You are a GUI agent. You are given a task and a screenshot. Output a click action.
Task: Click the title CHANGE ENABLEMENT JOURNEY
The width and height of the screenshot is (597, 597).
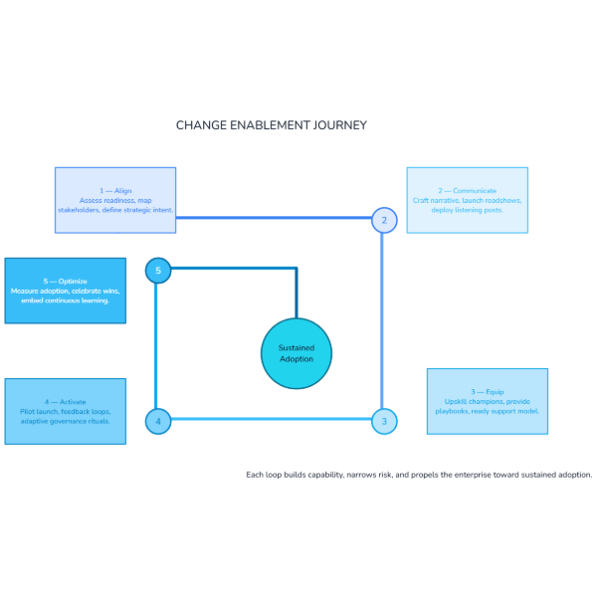[272, 125]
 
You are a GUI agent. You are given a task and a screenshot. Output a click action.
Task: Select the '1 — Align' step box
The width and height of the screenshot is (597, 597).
[115, 200]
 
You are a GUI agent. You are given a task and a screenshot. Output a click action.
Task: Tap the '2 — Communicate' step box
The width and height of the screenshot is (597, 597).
[468, 200]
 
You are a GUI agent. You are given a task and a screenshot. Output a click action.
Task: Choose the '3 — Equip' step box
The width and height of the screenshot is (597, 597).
[488, 401]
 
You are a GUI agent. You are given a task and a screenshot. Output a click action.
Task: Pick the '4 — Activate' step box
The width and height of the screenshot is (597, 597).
[66, 411]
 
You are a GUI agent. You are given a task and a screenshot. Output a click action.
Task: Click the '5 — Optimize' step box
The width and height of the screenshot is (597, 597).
[66, 291]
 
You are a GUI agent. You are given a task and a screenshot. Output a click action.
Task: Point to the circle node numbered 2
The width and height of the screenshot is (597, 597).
[384, 220]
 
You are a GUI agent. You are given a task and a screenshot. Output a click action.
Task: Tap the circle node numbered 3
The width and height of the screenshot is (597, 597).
[384, 422]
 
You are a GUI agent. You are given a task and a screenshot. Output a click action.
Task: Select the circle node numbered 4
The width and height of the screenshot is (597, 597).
[157, 422]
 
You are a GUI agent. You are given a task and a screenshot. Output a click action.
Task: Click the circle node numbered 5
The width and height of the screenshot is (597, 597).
[157, 270]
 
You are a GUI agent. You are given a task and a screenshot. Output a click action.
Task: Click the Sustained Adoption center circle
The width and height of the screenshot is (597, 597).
[296, 353]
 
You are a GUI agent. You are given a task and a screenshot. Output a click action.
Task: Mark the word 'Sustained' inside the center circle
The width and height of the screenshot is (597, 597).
[296, 348]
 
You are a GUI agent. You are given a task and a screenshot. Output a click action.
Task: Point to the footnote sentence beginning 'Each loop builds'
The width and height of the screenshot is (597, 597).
[419, 475]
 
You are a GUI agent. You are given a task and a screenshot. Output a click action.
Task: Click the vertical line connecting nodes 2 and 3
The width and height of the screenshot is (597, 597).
[384, 318]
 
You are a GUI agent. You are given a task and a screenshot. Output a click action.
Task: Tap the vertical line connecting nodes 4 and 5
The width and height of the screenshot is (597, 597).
[156, 346]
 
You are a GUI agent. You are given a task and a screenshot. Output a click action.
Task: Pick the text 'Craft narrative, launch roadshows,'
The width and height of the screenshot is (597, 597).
[468, 200]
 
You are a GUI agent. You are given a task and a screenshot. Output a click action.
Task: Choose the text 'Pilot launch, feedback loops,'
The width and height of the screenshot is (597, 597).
[66, 411]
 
